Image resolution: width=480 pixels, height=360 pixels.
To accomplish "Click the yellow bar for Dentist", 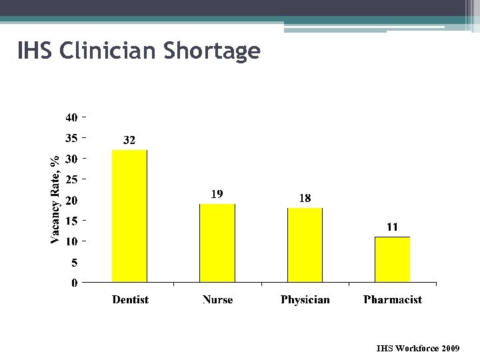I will pyautogui.click(x=129, y=216).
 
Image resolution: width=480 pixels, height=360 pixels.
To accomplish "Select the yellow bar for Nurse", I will pyautogui.click(x=217, y=243).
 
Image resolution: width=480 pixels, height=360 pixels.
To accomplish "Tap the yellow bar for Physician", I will pyautogui.click(x=305, y=245).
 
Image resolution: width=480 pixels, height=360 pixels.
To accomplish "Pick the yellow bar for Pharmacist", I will pyautogui.click(x=392, y=259).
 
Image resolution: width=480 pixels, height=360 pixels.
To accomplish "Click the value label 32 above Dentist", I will pyautogui.click(x=129, y=140).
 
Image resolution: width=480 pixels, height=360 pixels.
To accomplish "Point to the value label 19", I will pyautogui.click(x=217, y=194).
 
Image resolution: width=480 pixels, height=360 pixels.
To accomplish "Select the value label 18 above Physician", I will pyautogui.click(x=305, y=198).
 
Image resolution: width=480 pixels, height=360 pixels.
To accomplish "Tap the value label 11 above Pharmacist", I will pyautogui.click(x=392, y=227).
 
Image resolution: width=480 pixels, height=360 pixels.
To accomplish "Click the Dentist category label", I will pyautogui.click(x=130, y=300).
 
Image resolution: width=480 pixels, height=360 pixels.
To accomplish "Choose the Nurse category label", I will pyautogui.click(x=217, y=300).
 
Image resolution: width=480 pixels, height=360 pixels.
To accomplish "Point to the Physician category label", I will pyautogui.click(x=305, y=300).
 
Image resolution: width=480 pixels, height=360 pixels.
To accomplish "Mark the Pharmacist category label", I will pyautogui.click(x=392, y=300).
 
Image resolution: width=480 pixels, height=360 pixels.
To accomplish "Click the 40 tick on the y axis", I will pyautogui.click(x=71, y=118).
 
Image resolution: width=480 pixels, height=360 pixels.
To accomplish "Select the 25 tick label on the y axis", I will pyautogui.click(x=71, y=179).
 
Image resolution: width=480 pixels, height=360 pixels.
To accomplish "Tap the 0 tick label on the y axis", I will pyautogui.click(x=75, y=283).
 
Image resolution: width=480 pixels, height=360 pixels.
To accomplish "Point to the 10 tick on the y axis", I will pyautogui.click(x=71, y=241).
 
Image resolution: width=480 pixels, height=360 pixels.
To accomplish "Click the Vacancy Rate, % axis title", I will pyautogui.click(x=57, y=199).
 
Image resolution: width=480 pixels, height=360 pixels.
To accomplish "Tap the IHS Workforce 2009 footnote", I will pyautogui.click(x=417, y=348).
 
